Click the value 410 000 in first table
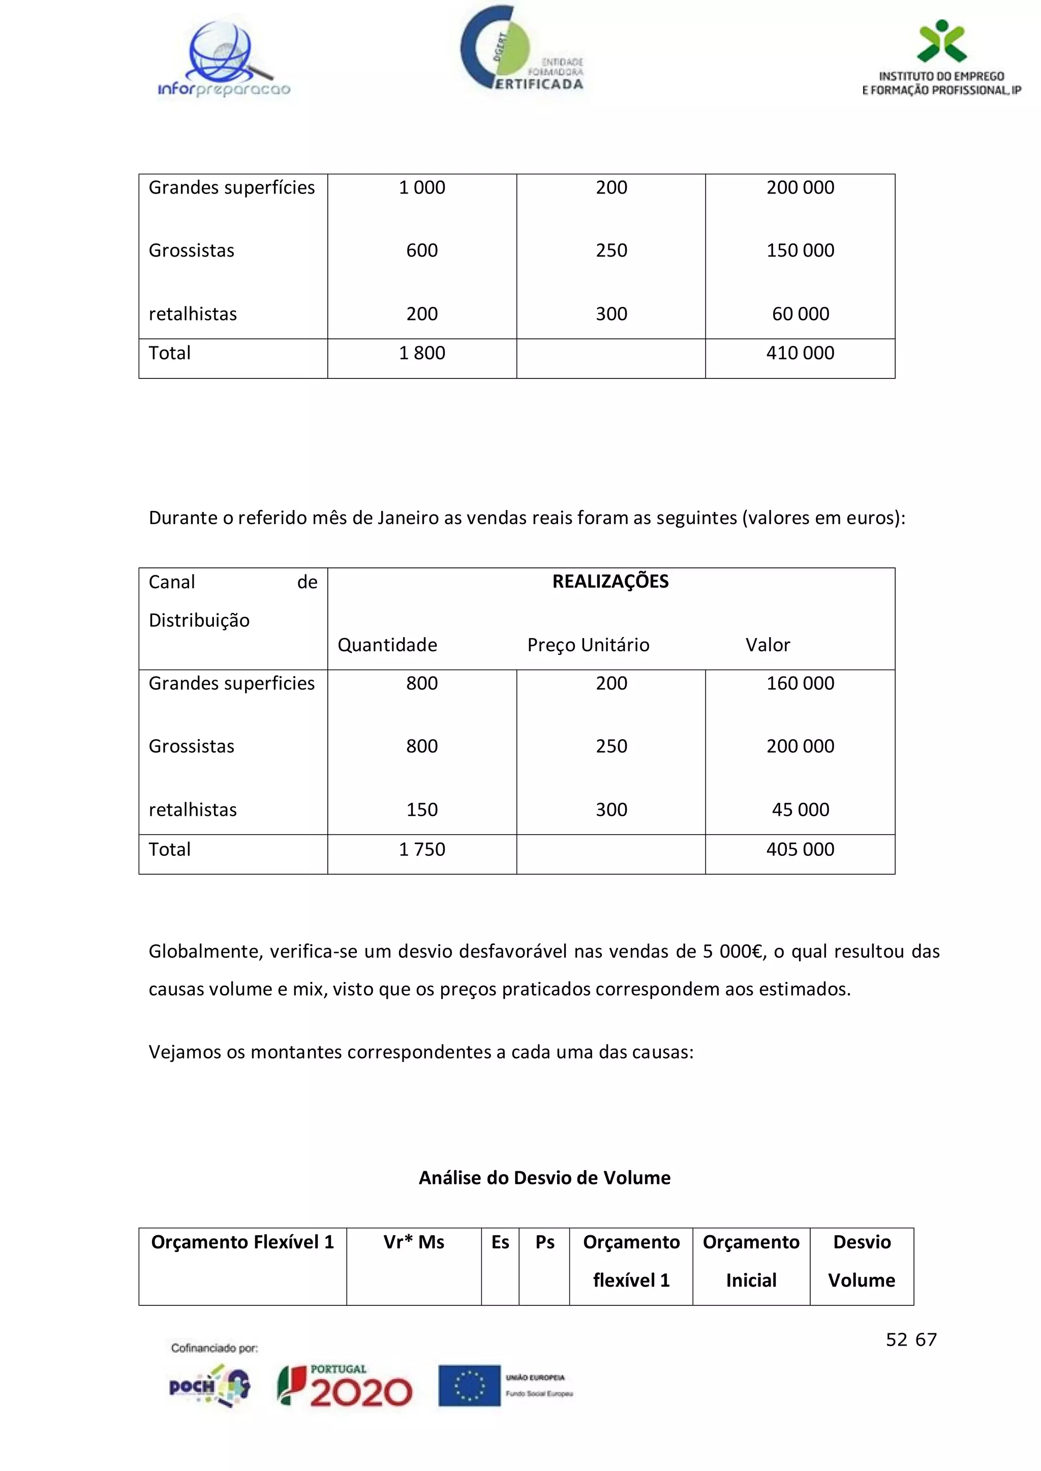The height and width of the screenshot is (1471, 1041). (800, 353)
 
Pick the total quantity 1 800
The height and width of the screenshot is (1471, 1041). (422, 353)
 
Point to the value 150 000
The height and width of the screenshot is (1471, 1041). (800, 250)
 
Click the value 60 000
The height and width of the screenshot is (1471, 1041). (800, 314)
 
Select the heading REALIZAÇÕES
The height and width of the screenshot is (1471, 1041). (610, 582)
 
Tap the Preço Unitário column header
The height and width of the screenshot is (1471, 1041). (588, 645)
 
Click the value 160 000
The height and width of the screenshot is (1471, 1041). (800, 684)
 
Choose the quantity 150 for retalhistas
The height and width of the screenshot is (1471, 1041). (422, 810)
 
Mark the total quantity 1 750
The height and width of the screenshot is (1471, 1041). (422, 850)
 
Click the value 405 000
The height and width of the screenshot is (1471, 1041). (800, 850)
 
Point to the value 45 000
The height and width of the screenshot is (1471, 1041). (800, 810)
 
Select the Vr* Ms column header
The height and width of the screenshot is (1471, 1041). (413, 1243)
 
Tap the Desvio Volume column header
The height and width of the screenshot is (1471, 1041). (862, 1261)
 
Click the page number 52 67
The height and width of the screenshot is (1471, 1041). (911, 1339)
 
